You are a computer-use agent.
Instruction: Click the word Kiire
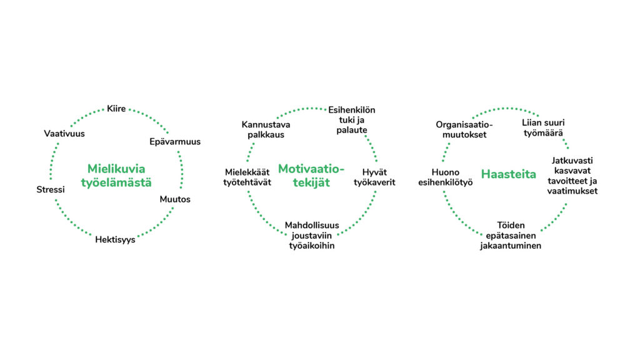click(x=116, y=109)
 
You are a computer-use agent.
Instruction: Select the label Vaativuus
click(x=64, y=134)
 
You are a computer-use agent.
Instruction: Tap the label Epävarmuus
click(x=175, y=142)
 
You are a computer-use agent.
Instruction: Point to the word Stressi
click(x=51, y=189)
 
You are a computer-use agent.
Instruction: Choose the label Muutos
click(x=175, y=199)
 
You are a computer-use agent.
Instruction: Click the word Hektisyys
click(x=115, y=239)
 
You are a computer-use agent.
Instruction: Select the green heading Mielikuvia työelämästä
click(x=116, y=176)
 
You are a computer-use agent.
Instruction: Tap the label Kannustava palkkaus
click(x=266, y=129)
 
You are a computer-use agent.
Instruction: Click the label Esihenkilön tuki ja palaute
click(x=351, y=120)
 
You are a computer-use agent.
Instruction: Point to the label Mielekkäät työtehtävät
click(x=247, y=177)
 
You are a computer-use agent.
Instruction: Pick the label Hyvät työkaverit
click(x=374, y=177)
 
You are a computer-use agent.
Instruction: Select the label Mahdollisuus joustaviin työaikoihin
click(x=312, y=236)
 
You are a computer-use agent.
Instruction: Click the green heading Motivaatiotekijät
click(x=311, y=176)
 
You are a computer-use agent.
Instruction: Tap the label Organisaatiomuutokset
click(x=464, y=129)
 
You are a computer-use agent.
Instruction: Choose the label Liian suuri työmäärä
click(x=543, y=127)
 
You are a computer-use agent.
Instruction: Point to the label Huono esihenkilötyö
click(x=445, y=177)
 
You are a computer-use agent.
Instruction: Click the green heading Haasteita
click(x=509, y=174)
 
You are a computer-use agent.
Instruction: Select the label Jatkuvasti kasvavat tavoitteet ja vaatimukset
click(x=572, y=176)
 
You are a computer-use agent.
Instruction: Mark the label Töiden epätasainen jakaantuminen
click(x=511, y=236)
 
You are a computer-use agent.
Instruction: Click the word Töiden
click(x=511, y=225)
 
